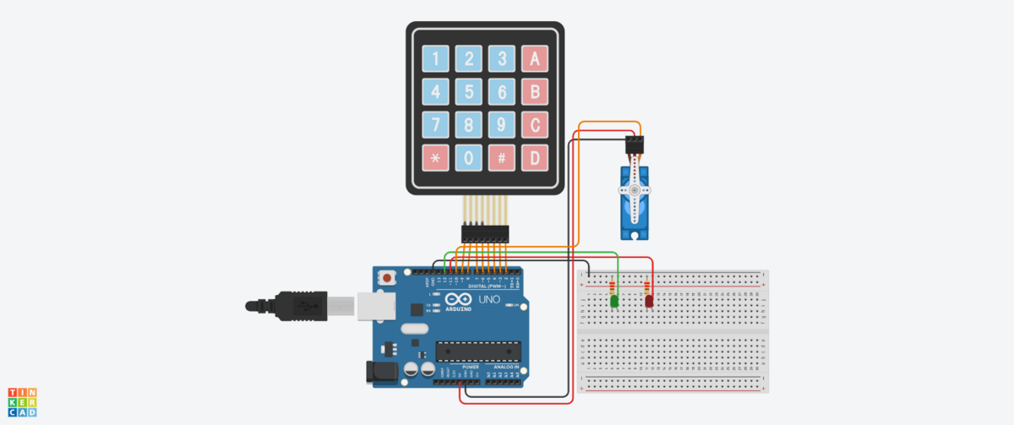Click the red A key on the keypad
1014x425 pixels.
coord(534,58)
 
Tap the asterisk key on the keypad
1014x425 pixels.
coord(436,157)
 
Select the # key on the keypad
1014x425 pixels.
coord(502,157)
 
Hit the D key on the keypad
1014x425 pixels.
coord(534,157)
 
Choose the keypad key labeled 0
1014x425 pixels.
coord(469,157)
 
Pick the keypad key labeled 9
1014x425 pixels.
coord(502,124)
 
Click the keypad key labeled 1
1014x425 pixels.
coord(436,58)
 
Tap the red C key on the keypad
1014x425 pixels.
coord(534,124)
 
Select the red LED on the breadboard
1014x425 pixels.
coord(649,301)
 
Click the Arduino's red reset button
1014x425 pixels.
coord(388,277)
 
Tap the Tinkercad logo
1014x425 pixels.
coord(23,402)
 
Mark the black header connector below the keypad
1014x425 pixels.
coord(484,232)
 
